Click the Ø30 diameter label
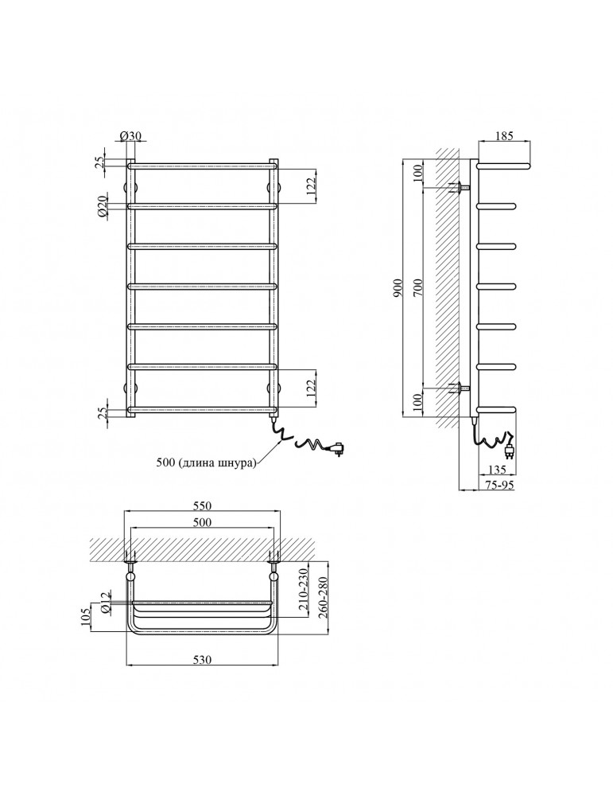(x=131, y=137)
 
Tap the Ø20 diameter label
(x=103, y=208)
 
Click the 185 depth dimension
(x=505, y=137)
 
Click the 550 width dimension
(x=203, y=505)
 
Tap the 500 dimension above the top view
(x=203, y=521)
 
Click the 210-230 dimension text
(x=302, y=589)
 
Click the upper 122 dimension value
(x=312, y=185)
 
